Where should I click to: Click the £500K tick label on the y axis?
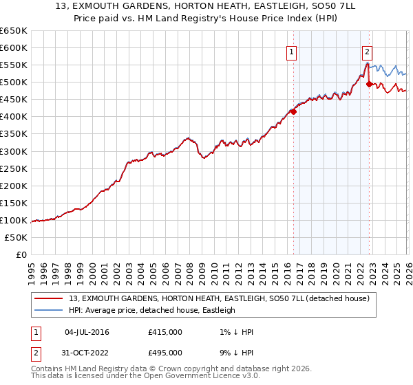(x=14, y=82)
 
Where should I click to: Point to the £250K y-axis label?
(x=14, y=168)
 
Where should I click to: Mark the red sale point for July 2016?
(x=293, y=111)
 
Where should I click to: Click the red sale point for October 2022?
(x=370, y=84)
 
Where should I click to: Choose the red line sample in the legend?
(x=49, y=298)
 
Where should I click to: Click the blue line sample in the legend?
(x=49, y=310)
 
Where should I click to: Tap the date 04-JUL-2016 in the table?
(x=86, y=332)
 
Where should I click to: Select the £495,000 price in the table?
(x=165, y=352)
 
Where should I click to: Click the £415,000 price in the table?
(x=165, y=332)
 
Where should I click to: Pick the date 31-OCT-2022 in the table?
(x=86, y=352)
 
